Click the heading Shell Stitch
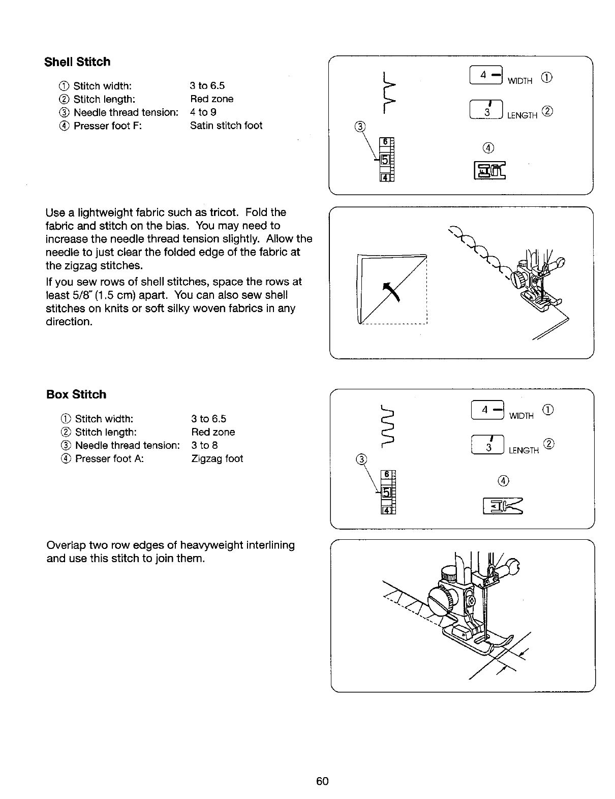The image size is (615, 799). pyautogui.click(x=77, y=62)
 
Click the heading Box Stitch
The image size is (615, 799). pyautogui.click(x=76, y=394)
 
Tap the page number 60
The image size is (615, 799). pyautogui.click(x=322, y=781)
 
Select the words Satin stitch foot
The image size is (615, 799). pyautogui.click(x=226, y=126)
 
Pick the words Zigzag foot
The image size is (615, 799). pyautogui.click(x=217, y=458)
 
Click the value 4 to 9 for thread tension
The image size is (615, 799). pyautogui.click(x=203, y=112)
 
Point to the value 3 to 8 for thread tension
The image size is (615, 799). pyautogui.click(x=204, y=445)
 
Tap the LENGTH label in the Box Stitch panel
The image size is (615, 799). pyautogui.click(x=524, y=450)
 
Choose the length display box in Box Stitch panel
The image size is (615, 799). pyautogui.click(x=488, y=445)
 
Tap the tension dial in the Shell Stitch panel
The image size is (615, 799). pyautogui.click(x=386, y=159)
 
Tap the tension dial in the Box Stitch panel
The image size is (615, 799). pyautogui.click(x=387, y=493)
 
